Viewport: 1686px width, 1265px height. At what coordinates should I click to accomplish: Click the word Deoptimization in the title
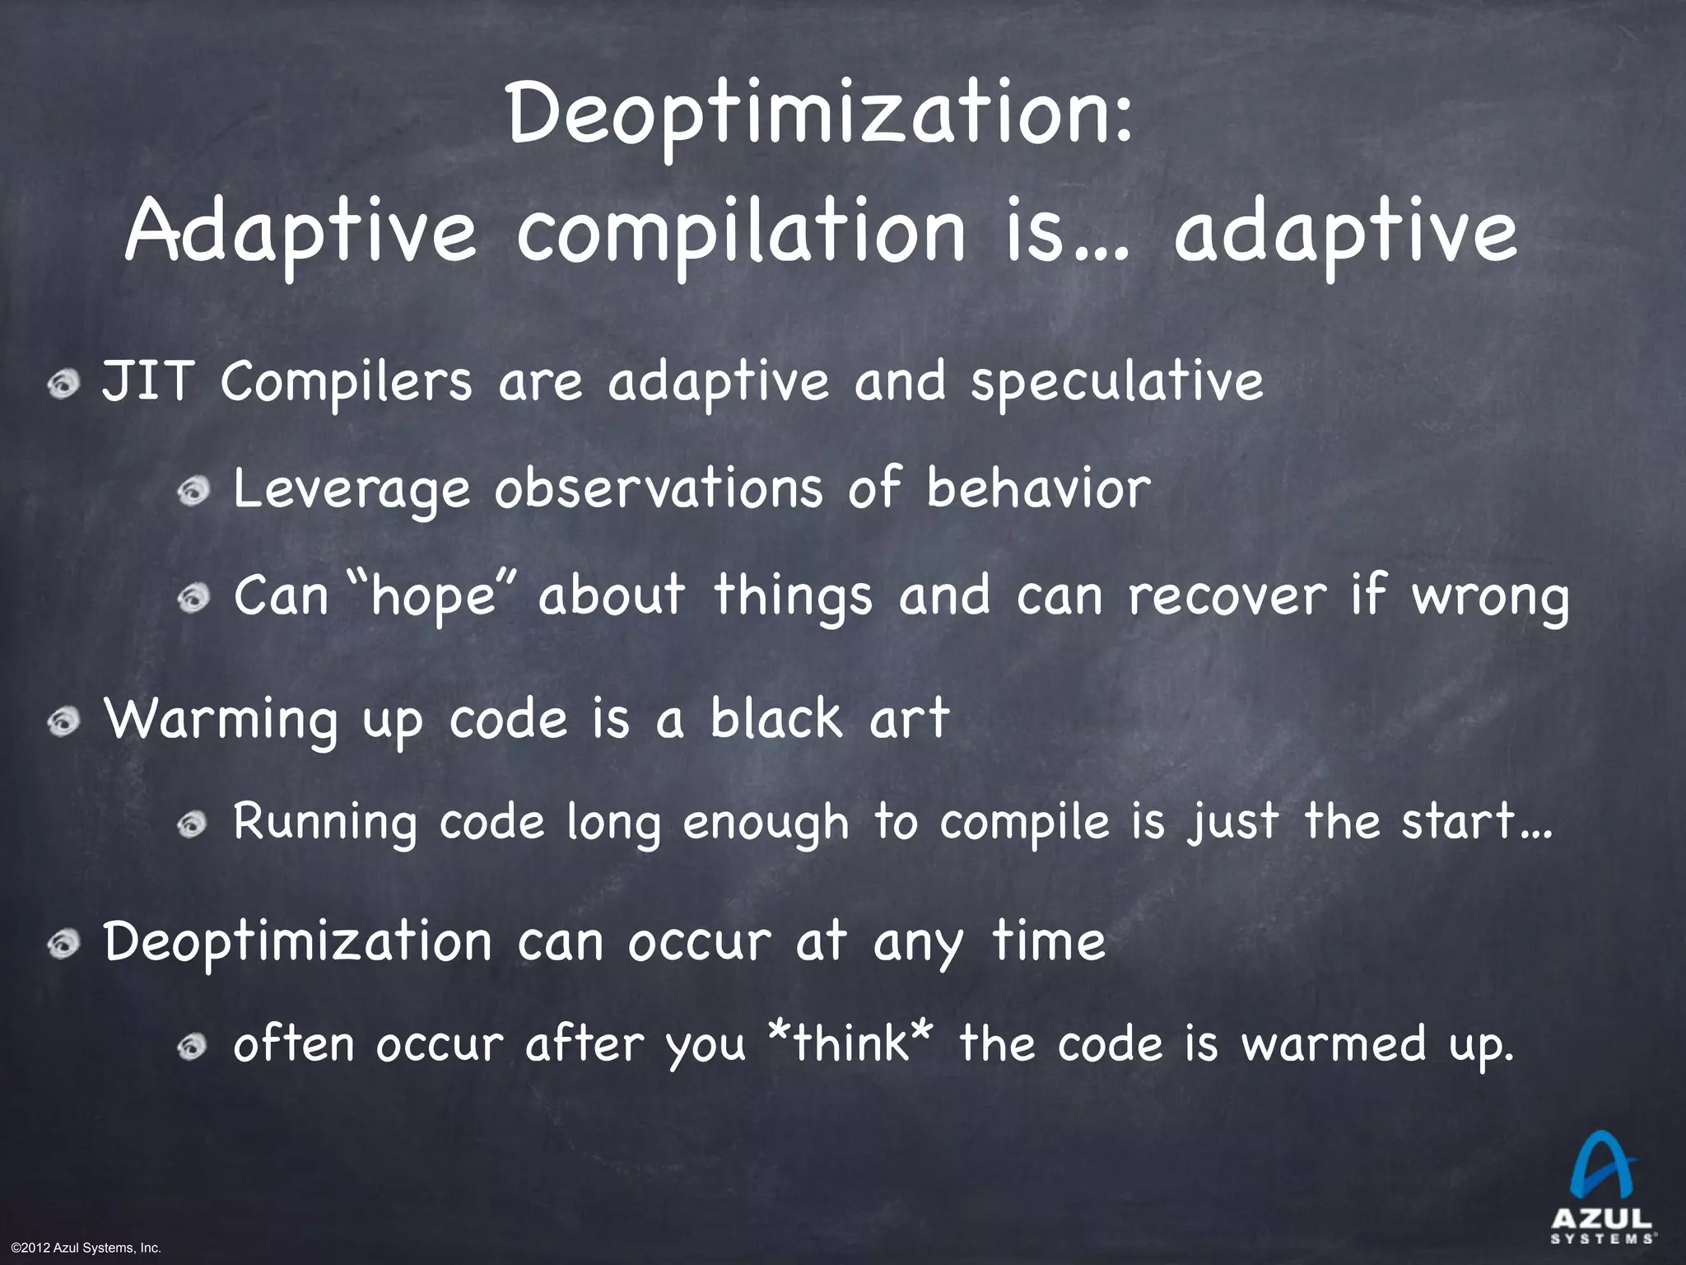[820, 115]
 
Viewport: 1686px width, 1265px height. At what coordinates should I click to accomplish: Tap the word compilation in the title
[740, 233]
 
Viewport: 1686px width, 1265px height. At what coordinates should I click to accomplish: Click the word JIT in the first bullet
[147, 382]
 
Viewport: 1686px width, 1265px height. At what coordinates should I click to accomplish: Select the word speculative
[1116, 384]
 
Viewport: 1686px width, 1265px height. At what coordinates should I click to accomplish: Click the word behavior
[1038, 488]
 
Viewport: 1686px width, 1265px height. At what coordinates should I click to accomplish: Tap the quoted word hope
[433, 595]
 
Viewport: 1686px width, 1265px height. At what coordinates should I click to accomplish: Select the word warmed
[1334, 1044]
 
